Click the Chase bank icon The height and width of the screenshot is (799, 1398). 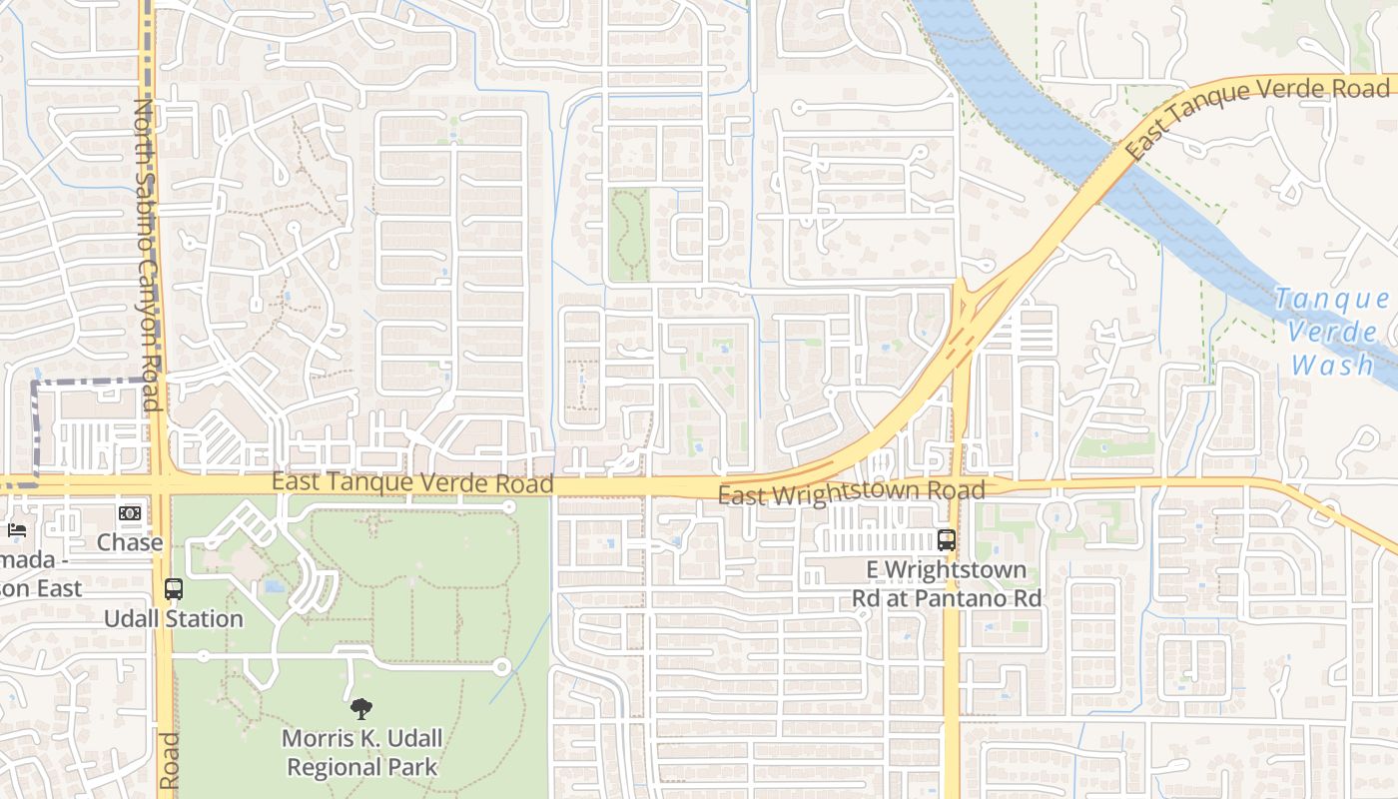point(130,513)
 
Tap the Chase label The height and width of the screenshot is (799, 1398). point(130,542)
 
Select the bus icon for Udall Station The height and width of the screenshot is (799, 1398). point(174,589)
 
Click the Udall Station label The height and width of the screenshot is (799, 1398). point(174,618)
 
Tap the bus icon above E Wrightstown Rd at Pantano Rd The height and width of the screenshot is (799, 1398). point(946,540)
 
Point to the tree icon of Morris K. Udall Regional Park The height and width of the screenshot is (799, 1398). point(360,709)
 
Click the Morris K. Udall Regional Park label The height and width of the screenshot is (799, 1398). point(360,753)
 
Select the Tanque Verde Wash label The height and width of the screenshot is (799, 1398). point(1332,332)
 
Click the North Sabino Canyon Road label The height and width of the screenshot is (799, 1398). point(147,255)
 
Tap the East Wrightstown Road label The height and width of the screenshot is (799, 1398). point(851,492)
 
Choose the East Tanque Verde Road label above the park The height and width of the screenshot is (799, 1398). point(412,483)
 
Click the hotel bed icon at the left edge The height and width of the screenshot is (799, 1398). point(16,529)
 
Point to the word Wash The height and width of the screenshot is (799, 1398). point(1332,365)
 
